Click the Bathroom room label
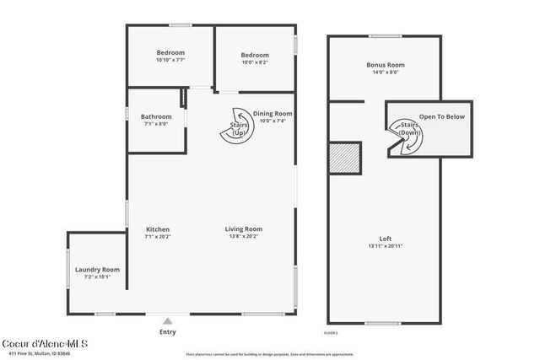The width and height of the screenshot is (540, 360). tap(156, 116)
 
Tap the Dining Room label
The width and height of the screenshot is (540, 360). tap(273, 113)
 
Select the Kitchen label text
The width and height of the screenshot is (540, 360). tap(158, 229)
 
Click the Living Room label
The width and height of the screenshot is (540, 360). tap(243, 229)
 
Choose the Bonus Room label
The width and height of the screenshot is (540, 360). tap(385, 65)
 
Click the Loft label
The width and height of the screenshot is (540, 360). tap(385, 239)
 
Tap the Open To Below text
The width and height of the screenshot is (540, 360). tap(441, 116)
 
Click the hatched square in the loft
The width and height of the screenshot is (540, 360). tap(345, 158)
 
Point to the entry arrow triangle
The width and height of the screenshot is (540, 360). tap(168, 320)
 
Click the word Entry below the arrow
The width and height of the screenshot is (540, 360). tap(168, 331)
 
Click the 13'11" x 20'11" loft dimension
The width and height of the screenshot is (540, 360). tap(385, 246)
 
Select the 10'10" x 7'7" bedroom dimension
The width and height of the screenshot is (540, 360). tap(170, 60)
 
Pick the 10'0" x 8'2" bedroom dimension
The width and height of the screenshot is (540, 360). tap(255, 62)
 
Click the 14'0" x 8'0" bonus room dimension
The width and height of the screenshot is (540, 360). tap(385, 72)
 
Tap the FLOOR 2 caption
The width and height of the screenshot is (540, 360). tap(332, 334)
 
